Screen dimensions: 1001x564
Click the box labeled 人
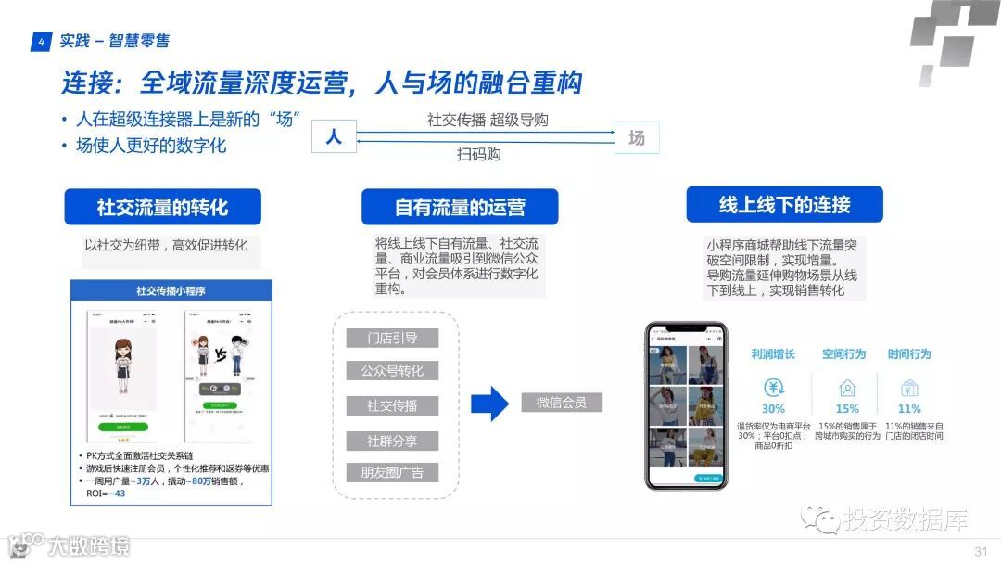(x=334, y=136)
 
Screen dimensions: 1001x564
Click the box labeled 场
(x=637, y=137)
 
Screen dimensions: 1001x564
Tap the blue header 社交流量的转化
(x=162, y=207)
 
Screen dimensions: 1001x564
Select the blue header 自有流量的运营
(x=460, y=207)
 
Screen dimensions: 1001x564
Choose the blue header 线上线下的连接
(x=784, y=204)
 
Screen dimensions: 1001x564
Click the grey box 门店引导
(x=392, y=338)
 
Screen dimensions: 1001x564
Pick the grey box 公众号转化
(x=392, y=371)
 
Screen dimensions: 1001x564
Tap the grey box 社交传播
(x=392, y=405)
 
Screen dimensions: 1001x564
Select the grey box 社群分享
(x=392, y=440)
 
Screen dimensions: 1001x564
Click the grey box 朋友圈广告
(x=392, y=473)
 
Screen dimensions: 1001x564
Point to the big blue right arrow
(x=489, y=404)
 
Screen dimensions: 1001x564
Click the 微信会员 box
(x=562, y=403)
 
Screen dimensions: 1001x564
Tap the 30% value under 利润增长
(x=773, y=409)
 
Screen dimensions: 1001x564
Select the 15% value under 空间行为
(x=847, y=409)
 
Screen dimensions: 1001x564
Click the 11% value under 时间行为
(x=909, y=409)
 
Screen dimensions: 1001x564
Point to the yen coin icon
(x=774, y=388)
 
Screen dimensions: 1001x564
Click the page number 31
(x=981, y=552)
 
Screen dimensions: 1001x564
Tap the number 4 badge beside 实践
(x=41, y=42)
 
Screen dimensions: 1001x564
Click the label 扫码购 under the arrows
(x=478, y=155)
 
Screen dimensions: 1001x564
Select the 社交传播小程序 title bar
(x=171, y=291)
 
